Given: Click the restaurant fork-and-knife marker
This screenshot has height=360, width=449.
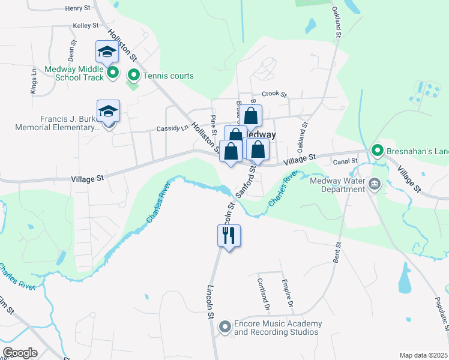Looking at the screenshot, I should tap(229, 235).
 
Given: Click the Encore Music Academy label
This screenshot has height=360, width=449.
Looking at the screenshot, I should tap(271, 328).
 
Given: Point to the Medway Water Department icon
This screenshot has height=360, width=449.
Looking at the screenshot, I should tap(375, 184).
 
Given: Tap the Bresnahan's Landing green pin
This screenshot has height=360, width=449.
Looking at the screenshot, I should tap(377, 150).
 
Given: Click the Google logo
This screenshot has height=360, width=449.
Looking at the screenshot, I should tap(20, 353).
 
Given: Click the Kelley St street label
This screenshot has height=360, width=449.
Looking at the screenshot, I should tap(85, 26).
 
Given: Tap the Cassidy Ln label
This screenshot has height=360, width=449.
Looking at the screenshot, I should tap(169, 129).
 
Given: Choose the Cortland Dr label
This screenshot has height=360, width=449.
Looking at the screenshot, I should tap(262, 293).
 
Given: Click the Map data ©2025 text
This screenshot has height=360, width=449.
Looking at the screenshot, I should tap(423, 355).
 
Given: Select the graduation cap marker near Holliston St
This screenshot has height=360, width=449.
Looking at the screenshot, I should tap(107, 52).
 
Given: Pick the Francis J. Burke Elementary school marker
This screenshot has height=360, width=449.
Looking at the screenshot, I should tap(109, 112).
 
